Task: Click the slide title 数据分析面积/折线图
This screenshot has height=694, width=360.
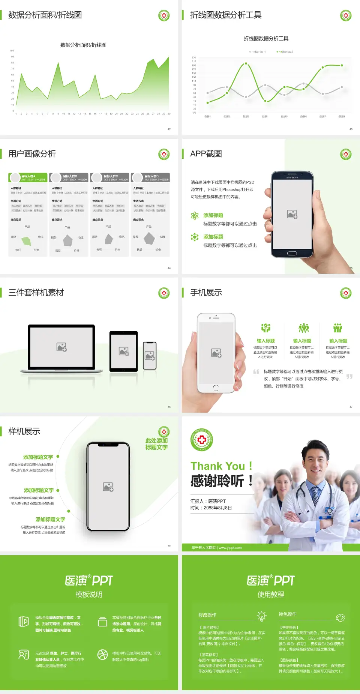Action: pos(45,15)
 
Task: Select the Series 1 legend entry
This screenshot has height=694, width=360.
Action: pos(258,52)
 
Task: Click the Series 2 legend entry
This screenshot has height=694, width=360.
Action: pos(285,52)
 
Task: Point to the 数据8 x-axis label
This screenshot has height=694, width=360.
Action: pos(342,117)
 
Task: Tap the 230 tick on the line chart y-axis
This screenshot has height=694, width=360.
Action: pos(194,57)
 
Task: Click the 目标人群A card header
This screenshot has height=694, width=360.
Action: pos(28,177)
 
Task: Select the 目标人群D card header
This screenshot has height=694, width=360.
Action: pos(150,177)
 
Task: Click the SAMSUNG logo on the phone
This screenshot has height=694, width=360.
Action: pos(292,177)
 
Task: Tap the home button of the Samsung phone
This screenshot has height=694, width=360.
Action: pos(292,253)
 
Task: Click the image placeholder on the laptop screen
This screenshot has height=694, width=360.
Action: pos(61,347)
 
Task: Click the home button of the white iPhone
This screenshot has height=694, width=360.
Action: pos(216,387)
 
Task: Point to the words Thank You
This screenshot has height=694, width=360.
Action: pos(217,466)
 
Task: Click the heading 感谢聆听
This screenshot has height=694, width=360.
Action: pos(217,481)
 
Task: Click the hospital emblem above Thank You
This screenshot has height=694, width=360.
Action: pos(202,440)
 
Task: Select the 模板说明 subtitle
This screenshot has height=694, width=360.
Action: pos(89,595)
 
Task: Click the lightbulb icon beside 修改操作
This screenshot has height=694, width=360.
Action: pos(261,616)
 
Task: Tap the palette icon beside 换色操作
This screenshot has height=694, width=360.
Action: pos(340,617)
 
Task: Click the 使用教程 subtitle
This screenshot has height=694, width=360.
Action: pos(271,595)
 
